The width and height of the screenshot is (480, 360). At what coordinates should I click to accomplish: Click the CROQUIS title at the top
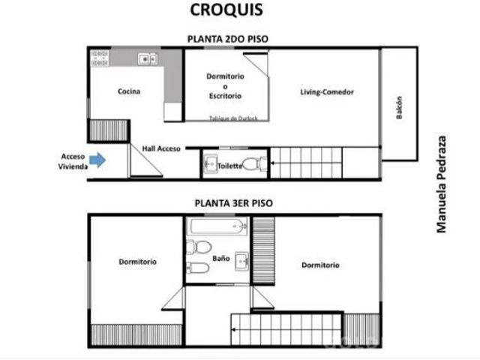pos(226,10)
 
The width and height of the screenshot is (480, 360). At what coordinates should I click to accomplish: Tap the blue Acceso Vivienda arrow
pos(97,160)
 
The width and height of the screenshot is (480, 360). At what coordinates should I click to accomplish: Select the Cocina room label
pos(129,91)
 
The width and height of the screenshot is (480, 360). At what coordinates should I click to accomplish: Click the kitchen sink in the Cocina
pos(148,58)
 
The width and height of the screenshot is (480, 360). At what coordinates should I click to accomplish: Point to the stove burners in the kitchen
pos(100,58)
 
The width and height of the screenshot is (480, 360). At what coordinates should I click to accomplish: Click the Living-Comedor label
pos(327,91)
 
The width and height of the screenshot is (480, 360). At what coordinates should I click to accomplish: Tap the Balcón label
pos(399,107)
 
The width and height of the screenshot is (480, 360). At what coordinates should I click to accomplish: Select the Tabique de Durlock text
pos(233,118)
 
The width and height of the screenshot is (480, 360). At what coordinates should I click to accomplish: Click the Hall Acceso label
pos(161,148)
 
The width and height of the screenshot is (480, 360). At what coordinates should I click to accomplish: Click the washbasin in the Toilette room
pos(211,163)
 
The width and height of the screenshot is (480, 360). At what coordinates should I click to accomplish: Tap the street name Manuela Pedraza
pos(441,184)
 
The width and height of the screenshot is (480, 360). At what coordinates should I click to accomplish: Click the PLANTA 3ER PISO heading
pos(233,203)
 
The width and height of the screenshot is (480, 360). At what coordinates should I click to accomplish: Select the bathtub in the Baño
pos(218,226)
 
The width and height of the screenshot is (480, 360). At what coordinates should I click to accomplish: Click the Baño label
pos(221,259)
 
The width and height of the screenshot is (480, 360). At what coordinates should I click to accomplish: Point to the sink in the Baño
pos(241,262)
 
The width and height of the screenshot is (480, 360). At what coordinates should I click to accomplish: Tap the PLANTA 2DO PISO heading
pos(228,39)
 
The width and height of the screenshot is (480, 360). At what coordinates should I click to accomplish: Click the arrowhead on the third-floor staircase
pos(233,330)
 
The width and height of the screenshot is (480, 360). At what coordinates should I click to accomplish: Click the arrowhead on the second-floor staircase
pos(272,163)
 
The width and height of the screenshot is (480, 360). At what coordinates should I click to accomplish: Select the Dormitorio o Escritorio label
pos(225,86)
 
